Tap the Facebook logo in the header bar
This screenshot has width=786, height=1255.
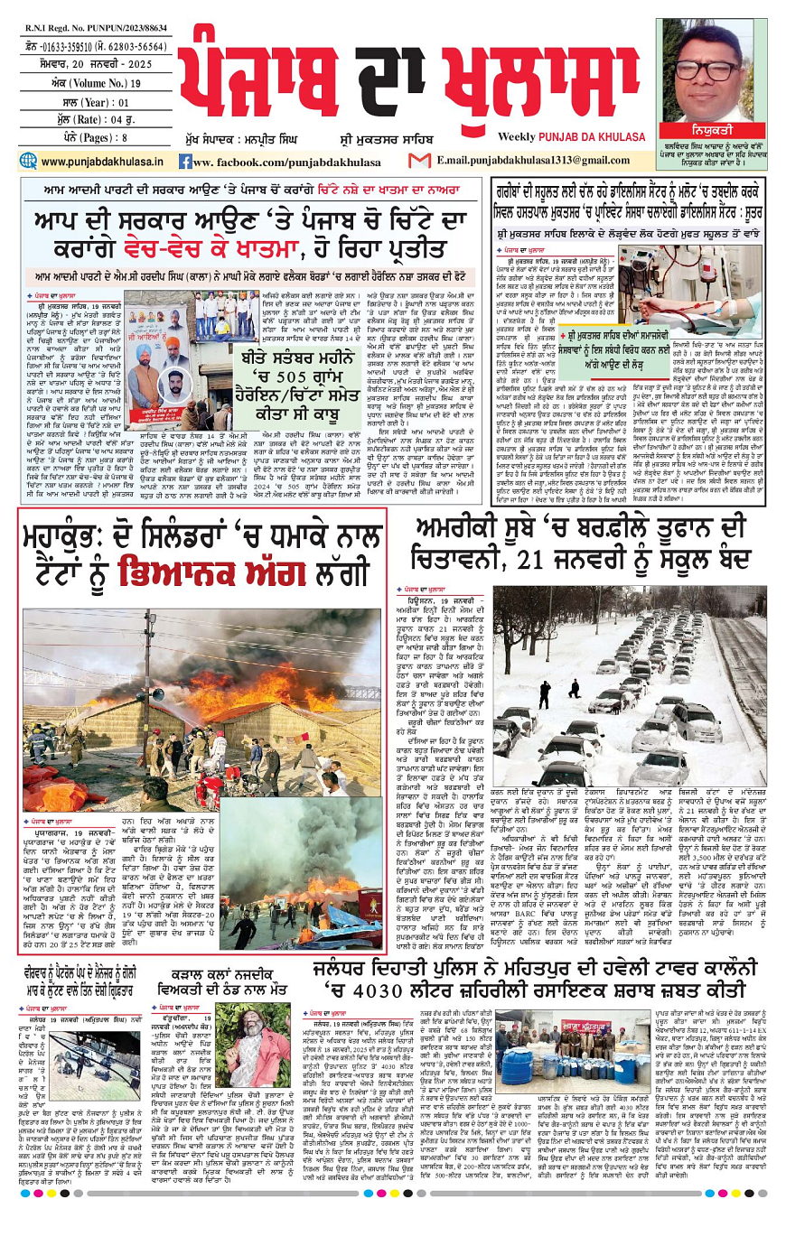pyautogui.click(x=184, y=162)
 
